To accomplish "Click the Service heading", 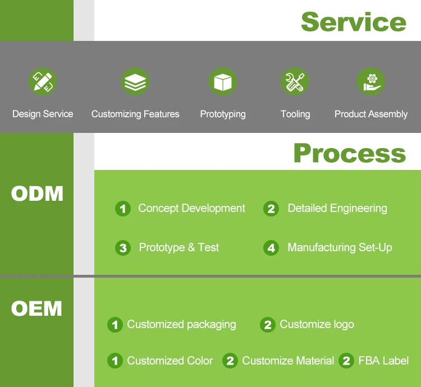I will pyautogui.click(x=353, y=21).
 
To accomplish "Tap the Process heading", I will pyautogui.click(x=349, y=153).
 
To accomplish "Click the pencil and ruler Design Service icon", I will pyautogui.click(x=43, y=82).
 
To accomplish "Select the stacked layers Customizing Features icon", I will pyautogui.click(x=135, y=82).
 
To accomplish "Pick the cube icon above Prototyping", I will pyautogui.click(x=223, y=82).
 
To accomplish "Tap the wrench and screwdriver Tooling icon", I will pyautogui.click(x=295, y=82).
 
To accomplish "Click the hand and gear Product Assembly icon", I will pyautogui.click(x=370, y=82).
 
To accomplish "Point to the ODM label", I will pyautogui.click(x=37, y=193).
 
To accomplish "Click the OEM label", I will pyautogui.click(x=36, y=308).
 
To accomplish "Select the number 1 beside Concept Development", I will pyautogui.click(x=123, y=209).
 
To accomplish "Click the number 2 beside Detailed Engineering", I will pyautogui.click(x=271, y=209).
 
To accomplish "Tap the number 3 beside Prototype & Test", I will pyautogui.click(x=123, y=248).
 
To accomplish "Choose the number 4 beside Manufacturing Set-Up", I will pyautogui.click(x=271, y=248).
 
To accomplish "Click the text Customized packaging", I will pyautogui.click(x=181, y=324).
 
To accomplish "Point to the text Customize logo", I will pyautogui.click(x=317, y=324).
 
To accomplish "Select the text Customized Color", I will pyautogui.click(x=170, y=361).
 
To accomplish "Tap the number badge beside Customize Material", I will pyautogui.click(x=230, y=361).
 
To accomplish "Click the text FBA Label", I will pyautogui.click(x=383, y=361).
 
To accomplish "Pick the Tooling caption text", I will pyautogui.click(x=295, y=114).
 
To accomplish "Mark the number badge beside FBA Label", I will pyautogui.click(x=346, y=361).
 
